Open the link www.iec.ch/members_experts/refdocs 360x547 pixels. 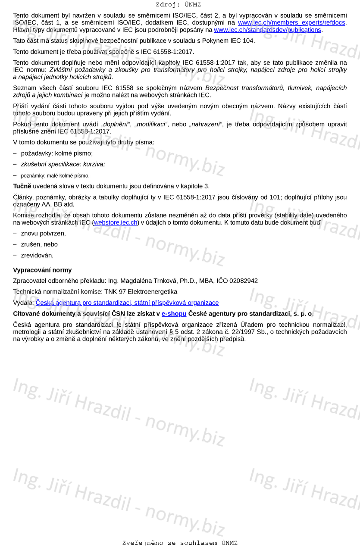(x=292, y=23)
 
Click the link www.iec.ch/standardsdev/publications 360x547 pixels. (x=267, y=30)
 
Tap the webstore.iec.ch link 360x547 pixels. (x=115, y=222)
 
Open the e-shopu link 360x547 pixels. (x=174, y=314)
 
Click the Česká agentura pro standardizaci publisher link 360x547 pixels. (x=127, y=303)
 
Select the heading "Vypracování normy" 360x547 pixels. (x=42, y=270)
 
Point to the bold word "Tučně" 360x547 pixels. (x=22, y=186)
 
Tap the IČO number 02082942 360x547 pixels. (x=244, y=281)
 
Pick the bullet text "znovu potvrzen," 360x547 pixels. (x=43, y=234)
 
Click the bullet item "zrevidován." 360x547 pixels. (x=37, y=256)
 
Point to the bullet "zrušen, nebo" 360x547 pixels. (x=39, y=244)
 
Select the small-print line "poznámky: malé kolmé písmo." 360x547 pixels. (x=55, y=176)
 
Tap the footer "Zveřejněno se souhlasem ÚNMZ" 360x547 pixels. (x=180, y=543)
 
